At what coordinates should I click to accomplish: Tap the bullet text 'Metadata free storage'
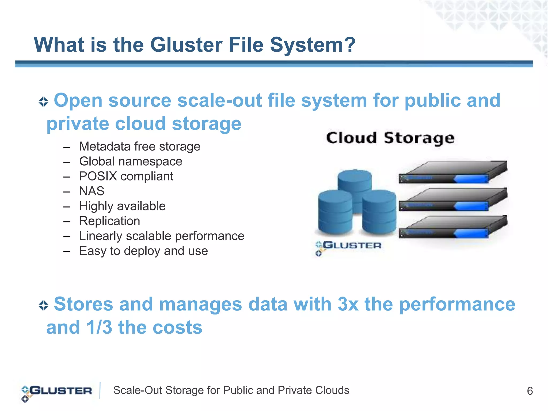click(139, 147)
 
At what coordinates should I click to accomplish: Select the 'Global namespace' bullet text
click(131, 162)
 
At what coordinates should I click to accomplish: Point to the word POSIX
click(98, 176)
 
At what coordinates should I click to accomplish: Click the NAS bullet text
click(92, 191)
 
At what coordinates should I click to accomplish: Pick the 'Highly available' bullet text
click(122, 206)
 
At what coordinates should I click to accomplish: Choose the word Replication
click(109, 221)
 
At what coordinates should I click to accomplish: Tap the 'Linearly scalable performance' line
click(162, 236)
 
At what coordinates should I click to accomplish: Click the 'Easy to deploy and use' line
click(143, 251)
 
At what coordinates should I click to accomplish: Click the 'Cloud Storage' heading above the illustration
click(390, 138)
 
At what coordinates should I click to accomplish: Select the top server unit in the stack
click(453, 172)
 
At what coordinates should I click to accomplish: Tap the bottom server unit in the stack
click(453, 227)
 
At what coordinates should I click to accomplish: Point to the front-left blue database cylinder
click(335, 211)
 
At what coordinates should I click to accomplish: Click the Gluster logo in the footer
click(56, 392)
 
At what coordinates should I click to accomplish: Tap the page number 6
click(530, 391)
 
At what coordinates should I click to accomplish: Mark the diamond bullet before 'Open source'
click(43, 102)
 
